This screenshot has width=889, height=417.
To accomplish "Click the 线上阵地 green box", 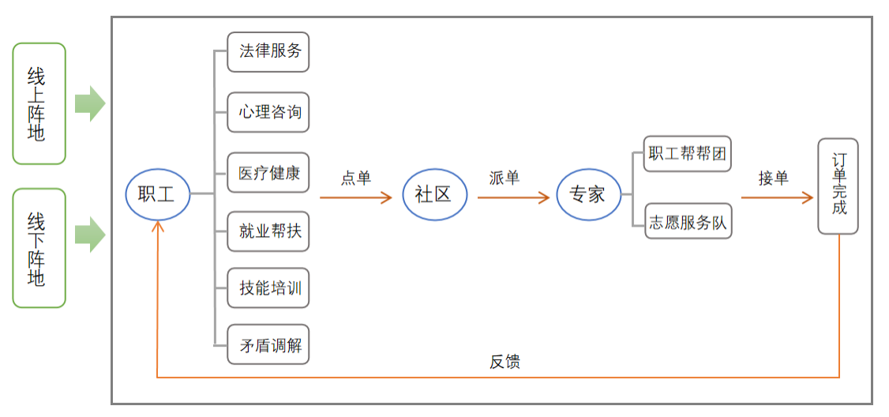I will pyautogui.click(x=39, y=103).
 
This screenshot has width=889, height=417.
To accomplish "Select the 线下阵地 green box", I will pyautogui.click(x=39, y=248).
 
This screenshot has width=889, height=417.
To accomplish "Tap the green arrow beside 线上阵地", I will pyautogui.click(x=89, y=103).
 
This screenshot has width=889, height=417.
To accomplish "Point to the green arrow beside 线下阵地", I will pyautogui.click(x=89, y=235).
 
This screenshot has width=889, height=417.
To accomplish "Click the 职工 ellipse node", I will pyautogui.click(x=158, y=193).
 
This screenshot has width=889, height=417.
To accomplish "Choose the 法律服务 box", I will pyautogui.click(x=268, y=52).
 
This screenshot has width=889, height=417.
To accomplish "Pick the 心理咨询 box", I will pyautogui.click(x=268, y=112).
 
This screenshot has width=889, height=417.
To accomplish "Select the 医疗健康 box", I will pyautogui.click(x=268, y=172).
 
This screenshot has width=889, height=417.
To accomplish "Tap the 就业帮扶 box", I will pyautogui.click(x=268, y=231).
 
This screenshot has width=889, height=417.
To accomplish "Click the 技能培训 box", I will pyautogui.click(x=268, y=287).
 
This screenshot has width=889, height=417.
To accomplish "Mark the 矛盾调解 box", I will pyautogui.click(x=268, y=344).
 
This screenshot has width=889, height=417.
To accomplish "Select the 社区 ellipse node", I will pyautogui.click(x=434, y=193).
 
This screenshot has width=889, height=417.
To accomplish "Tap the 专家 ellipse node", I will pyautogui.click(x=588, y=193).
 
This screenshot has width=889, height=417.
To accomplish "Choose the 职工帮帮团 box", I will pyautogui.click(x=688, y=153).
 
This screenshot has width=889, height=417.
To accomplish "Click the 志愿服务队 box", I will pyautogui.click(x=688, y=222).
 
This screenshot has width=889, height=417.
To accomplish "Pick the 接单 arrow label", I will pyautogui.click(x=773, y=178).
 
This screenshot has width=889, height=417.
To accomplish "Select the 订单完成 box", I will pyautogui.click(x=838, y=186).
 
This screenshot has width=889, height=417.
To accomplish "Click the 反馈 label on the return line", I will pyautogui.click(x=505, y=362).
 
